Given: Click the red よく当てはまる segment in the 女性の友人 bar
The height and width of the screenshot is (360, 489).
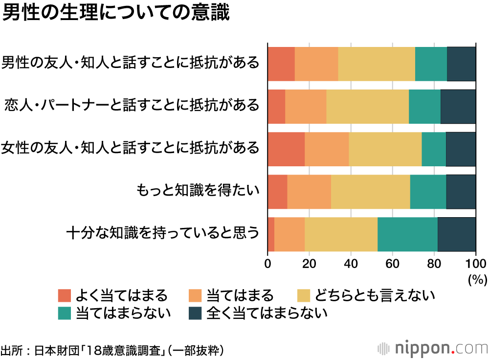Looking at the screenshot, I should (286, 149).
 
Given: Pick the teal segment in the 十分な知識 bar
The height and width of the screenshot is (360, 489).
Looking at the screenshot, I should (407, 234).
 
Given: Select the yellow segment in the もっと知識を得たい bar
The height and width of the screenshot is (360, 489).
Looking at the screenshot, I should (370, 191).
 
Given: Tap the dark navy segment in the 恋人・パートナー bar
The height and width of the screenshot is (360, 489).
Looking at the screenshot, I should (458, 107).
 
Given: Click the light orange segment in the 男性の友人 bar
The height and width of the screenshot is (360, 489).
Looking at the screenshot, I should (316, 64).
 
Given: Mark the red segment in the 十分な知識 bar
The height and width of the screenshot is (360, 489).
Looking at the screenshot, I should (271, 234).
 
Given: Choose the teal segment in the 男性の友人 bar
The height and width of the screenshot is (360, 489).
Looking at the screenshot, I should (431, 64).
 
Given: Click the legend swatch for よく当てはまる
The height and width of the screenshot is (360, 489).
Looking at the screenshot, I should (65, 295).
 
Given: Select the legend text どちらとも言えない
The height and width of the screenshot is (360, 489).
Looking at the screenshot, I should (375, 295).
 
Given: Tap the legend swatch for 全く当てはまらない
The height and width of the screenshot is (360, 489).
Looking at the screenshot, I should (195, 313).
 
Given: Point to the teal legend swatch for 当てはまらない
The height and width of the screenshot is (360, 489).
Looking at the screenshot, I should (65, 313).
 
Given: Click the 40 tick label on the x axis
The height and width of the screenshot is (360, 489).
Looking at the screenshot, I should (350, 263).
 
